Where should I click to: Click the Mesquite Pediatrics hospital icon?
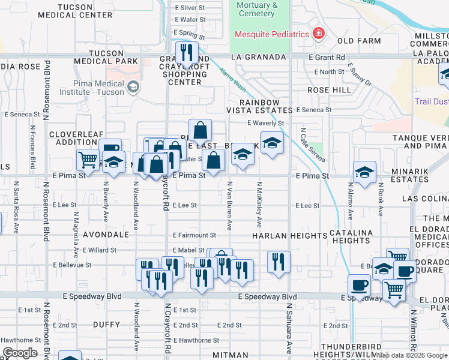318,33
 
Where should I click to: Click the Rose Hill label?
328,90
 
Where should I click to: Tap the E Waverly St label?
265,123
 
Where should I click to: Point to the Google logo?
20,353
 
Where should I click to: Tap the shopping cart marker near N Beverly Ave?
88,160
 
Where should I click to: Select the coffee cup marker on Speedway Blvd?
359,286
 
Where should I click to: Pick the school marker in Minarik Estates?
364,172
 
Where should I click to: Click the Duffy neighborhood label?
107,324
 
